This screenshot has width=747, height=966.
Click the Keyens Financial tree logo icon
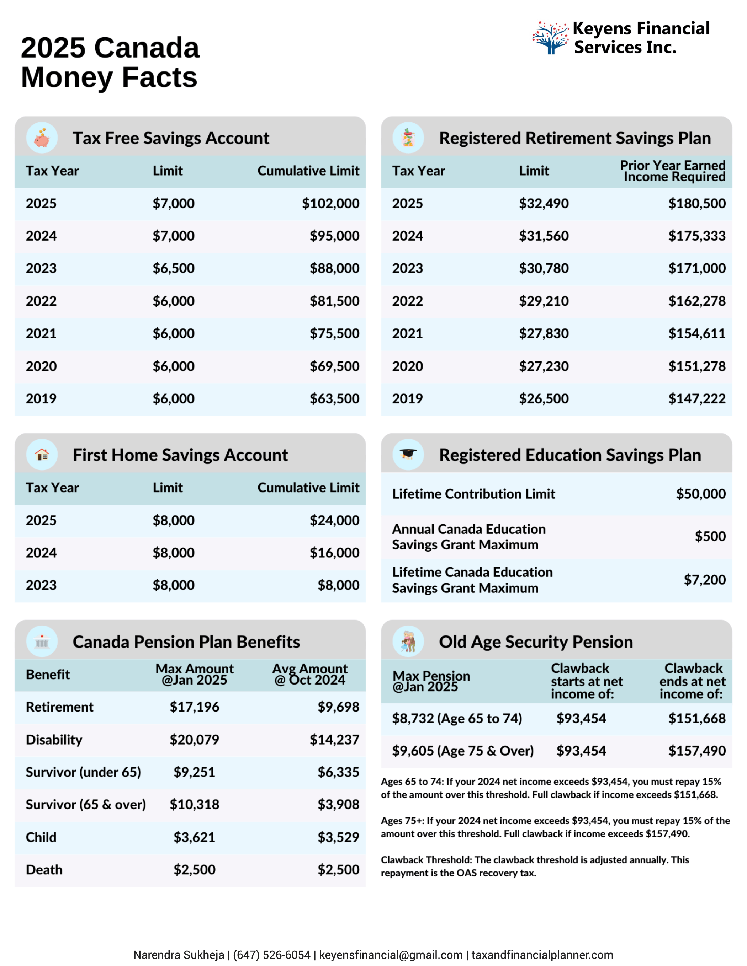[550, 38]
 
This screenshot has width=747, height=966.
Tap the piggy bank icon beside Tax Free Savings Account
[42, 138]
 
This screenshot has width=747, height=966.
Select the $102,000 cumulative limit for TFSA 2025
[330, 203]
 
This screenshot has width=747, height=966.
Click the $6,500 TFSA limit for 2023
[174, 268]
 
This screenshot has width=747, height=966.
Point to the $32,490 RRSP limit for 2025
[544, 203]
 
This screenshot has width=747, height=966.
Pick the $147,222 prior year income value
[696, 398]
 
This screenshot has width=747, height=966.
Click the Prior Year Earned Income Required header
[672, 171]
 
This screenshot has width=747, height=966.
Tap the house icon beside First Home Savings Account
[42, 454]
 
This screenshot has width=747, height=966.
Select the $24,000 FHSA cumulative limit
[334, 520]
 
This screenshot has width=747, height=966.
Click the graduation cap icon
[408, 454]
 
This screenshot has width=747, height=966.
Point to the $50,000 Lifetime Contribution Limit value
[700, 494]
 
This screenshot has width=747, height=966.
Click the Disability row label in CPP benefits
[54, 740]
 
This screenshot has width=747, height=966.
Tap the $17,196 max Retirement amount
[194, 707]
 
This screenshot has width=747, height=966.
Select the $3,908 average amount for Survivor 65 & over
[338, 804]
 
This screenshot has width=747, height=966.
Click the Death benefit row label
[44, 870]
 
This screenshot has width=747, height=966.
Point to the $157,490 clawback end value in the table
[696, 751]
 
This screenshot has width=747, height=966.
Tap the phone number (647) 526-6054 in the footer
[271, 955]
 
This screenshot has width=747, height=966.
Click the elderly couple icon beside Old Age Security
[408, 642]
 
